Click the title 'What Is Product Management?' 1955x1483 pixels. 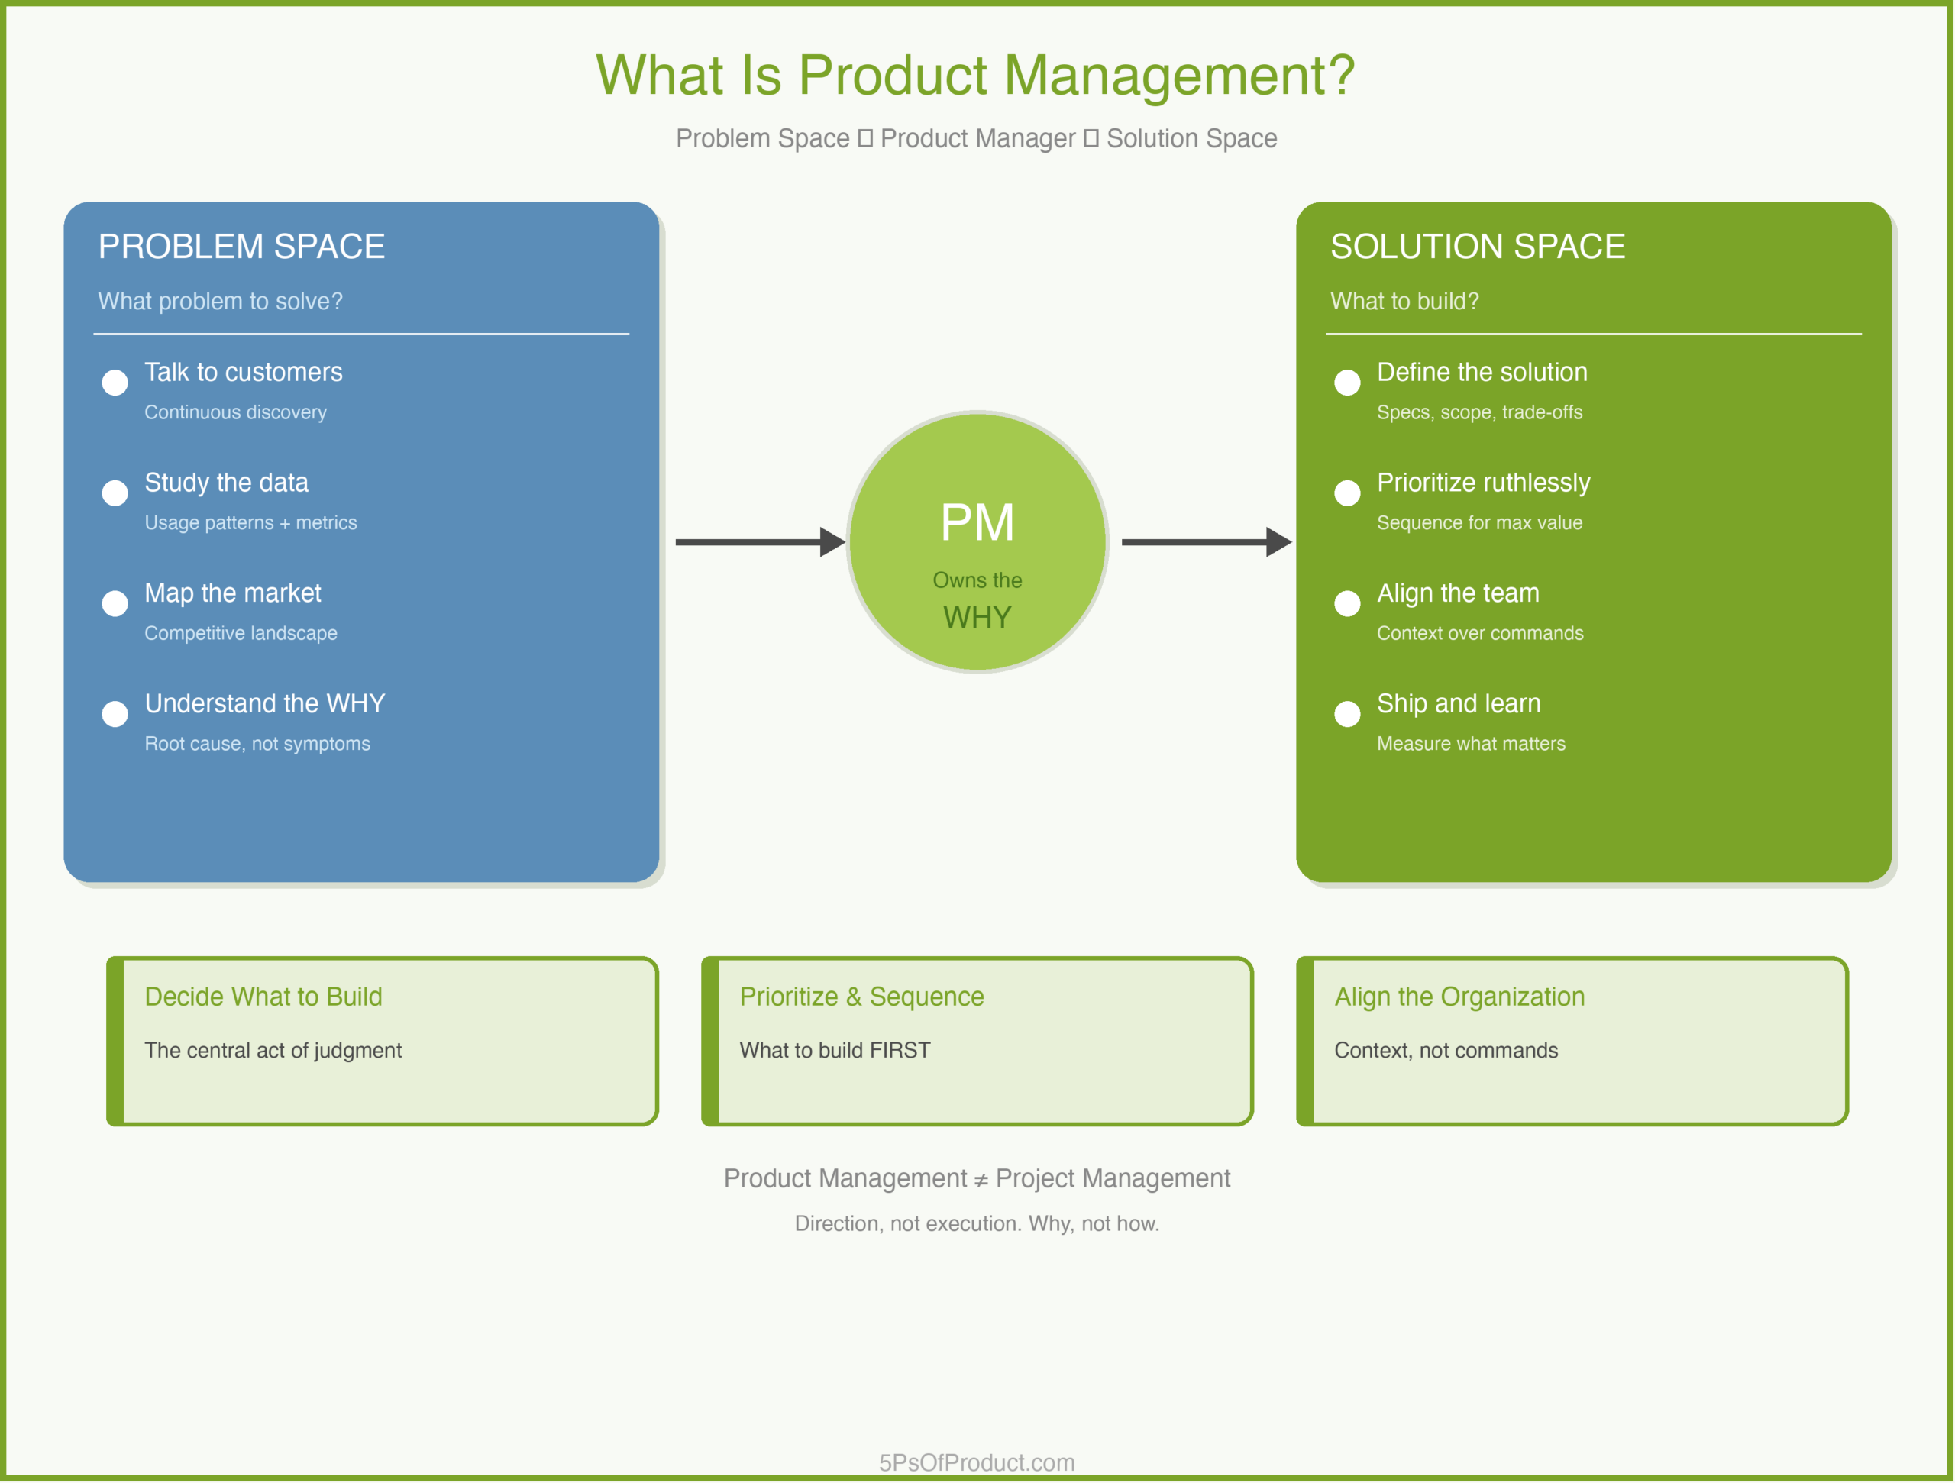coord(976,75)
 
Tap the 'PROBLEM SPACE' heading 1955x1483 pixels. coord(241,247)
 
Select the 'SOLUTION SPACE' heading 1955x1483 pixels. coord(1478,247)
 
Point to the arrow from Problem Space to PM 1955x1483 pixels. coord(760,541)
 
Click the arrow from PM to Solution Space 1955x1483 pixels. coord(1206,541)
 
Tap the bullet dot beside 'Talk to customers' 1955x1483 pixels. coord(115,383)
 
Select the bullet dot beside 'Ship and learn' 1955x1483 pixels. coord(1347,714)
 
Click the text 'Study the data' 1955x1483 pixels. coord(226,483)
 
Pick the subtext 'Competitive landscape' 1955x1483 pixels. coord(241,634)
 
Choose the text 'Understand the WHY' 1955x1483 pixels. coord(265,703)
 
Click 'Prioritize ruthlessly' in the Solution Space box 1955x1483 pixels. coord(1483,483)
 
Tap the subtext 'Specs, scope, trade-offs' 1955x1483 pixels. coord(1479,412)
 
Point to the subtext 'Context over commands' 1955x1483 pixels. coord(1479,634)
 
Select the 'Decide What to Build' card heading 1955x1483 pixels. coord(263,997)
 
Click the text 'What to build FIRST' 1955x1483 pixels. coord(835,1051)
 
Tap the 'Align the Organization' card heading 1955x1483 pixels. coord(1459,997)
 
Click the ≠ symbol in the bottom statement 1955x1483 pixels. coord(981,1181)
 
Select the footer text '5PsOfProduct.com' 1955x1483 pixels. coord(977,1462)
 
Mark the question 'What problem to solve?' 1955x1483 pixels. coord(220,302)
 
